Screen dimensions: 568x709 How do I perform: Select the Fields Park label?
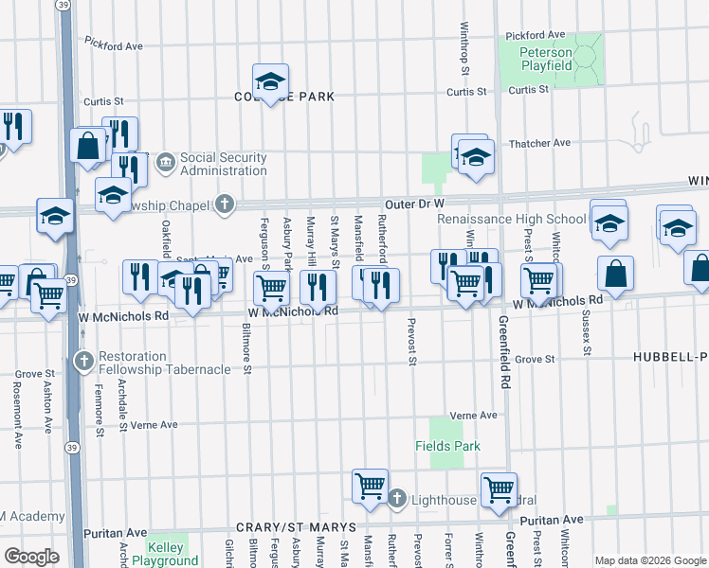(x=447, y=446)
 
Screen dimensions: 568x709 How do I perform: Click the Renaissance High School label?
(x=511, y=220)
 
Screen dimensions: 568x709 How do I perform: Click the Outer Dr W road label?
(x=414, y=204)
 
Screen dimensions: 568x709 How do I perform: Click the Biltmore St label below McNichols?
(x=246, y=350)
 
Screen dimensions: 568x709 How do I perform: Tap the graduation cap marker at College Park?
(x=270, y=84)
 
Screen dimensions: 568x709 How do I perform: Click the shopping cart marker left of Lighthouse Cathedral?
(x=370, y=488)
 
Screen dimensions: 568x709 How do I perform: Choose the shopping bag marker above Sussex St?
(x=615, y=275)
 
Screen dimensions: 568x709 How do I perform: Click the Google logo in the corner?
(x=31, y=556)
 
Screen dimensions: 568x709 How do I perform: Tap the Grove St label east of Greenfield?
(x=535, y=359)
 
